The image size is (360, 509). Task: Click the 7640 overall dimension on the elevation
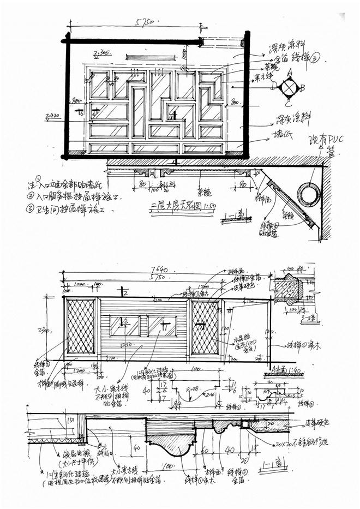coord(159,271)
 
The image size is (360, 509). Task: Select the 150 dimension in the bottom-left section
coord(69,420)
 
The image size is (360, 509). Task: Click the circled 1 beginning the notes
coord(39,178)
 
